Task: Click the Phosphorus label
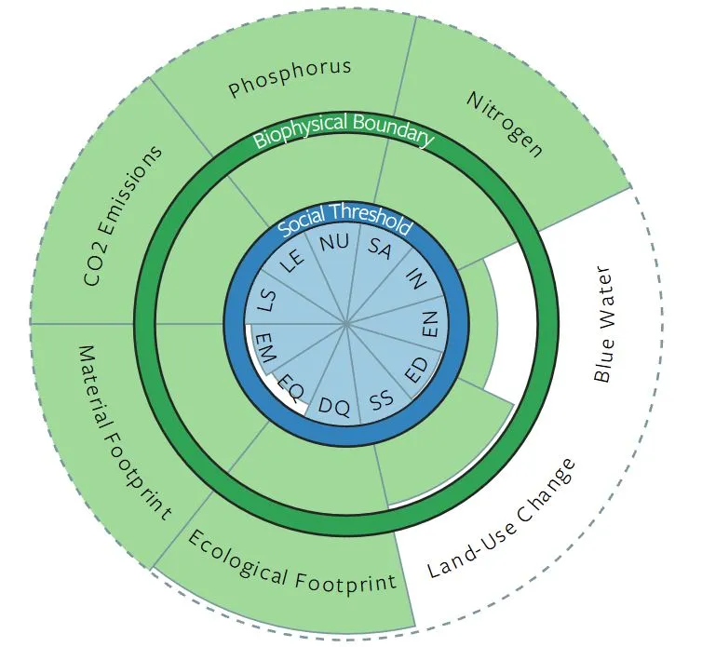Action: [290, 78]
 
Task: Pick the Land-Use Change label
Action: [502, 519]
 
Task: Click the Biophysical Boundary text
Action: [344, 129]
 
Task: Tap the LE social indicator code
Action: [293, 262]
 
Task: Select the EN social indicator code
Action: [429, 325]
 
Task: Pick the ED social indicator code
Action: [417, 370]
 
